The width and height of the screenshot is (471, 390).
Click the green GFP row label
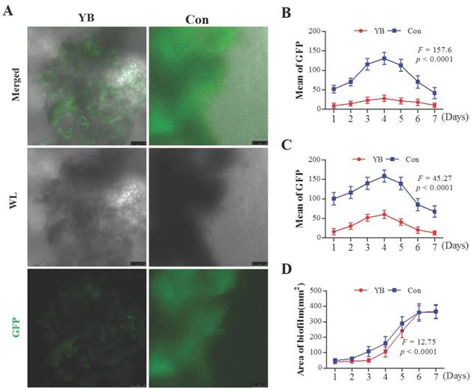coord(13,326)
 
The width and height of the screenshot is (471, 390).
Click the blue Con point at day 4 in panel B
coord(384,58)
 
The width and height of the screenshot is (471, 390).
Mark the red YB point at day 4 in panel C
coord(384,214)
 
